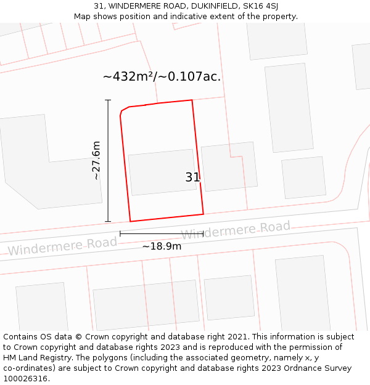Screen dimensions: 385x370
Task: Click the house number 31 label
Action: pos(192,177)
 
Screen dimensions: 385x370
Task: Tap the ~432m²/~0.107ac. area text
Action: pos(162,76)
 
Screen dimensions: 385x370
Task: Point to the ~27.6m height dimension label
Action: pos(96,160)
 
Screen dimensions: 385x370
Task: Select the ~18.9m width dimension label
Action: pos(162,246)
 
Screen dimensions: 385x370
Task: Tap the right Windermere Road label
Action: pos(235,230)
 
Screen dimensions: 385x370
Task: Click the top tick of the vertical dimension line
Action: pos(108,100)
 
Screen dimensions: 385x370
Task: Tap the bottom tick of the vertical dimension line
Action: pos(108,221)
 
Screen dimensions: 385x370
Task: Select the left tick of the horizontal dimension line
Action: pos(120,233)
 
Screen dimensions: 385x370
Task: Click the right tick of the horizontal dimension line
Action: pos(203,233)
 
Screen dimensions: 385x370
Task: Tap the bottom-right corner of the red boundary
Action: pos(203,214)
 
